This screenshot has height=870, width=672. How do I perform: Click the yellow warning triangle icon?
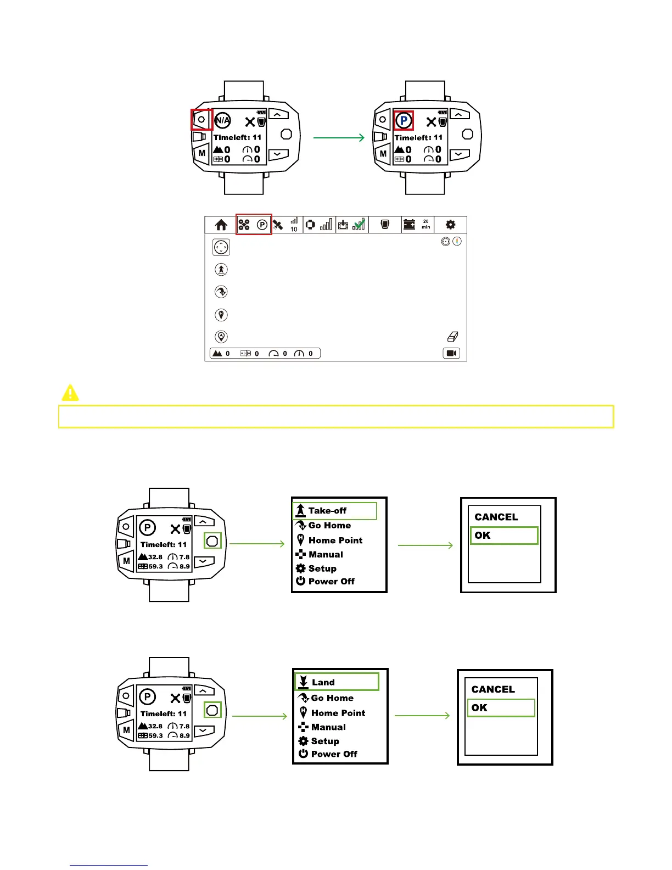tap(70, 393)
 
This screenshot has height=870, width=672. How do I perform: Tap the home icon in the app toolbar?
tap(221, 225)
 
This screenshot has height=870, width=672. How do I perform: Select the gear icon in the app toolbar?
tap(450, 224)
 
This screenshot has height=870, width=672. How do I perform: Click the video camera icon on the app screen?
tap(451, 353)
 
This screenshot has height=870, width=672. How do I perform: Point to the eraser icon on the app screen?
tap(453, 337)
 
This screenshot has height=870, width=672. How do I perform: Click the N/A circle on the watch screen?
tap(222, 120)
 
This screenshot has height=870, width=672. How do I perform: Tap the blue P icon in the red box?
tap(404, 120)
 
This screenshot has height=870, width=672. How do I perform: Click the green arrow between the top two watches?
tap(339, 137)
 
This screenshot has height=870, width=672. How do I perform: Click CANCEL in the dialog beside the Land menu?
tap(493, 689)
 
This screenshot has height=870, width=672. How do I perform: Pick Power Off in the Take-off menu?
tap(331, 581)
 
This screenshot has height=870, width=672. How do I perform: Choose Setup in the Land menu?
tap(324, 741)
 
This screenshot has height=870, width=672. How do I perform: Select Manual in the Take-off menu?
tap(325, 555)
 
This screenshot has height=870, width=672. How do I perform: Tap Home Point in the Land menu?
tap(338, 713)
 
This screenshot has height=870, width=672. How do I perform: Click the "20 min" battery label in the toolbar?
tap(425, 224)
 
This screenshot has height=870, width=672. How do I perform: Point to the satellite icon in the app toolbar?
tap(278, 225)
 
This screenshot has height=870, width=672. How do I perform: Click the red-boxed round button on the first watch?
tap(201, 119)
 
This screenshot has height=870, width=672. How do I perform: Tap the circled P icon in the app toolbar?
tap(262, 225)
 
